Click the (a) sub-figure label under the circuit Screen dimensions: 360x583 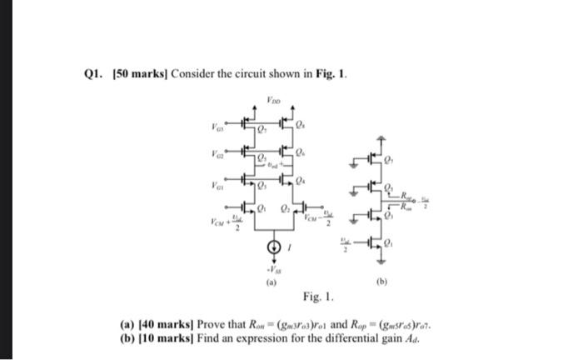coord(268,282)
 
